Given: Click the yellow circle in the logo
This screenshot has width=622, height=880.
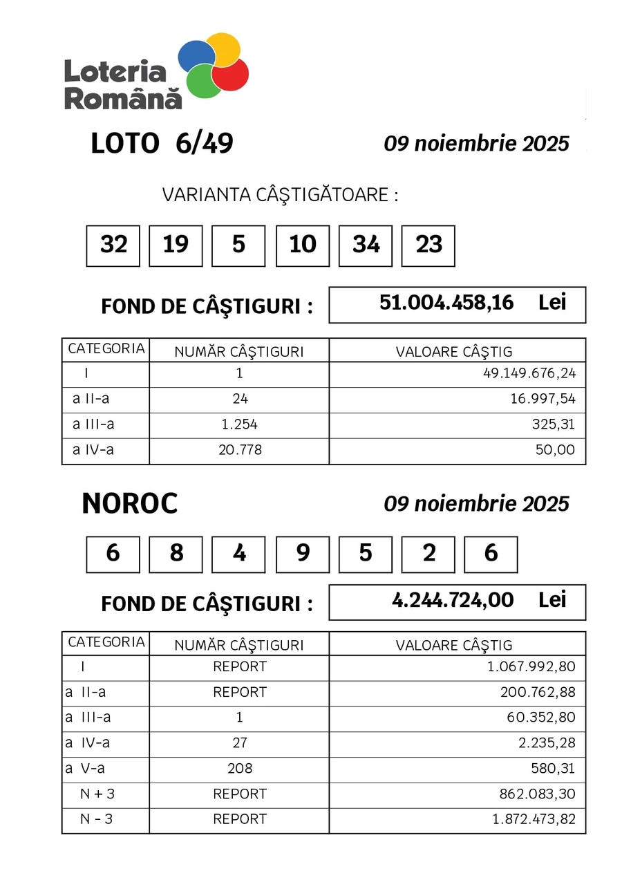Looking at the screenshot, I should (223, 48).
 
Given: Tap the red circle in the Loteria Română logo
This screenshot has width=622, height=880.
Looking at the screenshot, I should (231, 74).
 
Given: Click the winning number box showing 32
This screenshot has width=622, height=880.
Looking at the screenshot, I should (113, 245).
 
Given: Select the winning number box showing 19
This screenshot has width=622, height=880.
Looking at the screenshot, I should (176, 245).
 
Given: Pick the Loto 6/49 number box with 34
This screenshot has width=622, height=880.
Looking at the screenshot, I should (366, 245).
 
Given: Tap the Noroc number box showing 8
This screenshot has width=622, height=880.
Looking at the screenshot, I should (176, 554).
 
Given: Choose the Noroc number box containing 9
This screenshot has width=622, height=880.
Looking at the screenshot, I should (302, 554).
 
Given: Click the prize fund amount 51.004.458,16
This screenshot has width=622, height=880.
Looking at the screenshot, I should (446, 303).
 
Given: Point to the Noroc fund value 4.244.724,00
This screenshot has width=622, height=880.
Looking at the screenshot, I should (453, 600).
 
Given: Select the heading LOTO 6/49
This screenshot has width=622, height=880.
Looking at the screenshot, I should (162, 144).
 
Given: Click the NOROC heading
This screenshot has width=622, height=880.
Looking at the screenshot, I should (130, 504).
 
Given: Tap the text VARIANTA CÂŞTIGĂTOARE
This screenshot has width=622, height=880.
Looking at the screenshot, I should (280, 195).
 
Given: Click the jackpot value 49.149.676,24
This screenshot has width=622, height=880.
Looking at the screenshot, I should (529, 374).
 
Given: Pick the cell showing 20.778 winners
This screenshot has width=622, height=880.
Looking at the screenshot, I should (239, 450).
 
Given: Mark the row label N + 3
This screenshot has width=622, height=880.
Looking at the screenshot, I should (97, 794).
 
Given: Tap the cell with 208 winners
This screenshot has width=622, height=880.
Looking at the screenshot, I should (239, 768).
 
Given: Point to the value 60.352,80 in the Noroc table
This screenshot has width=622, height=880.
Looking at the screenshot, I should (540, 718).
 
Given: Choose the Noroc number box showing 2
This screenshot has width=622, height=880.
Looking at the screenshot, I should (428, 554).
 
